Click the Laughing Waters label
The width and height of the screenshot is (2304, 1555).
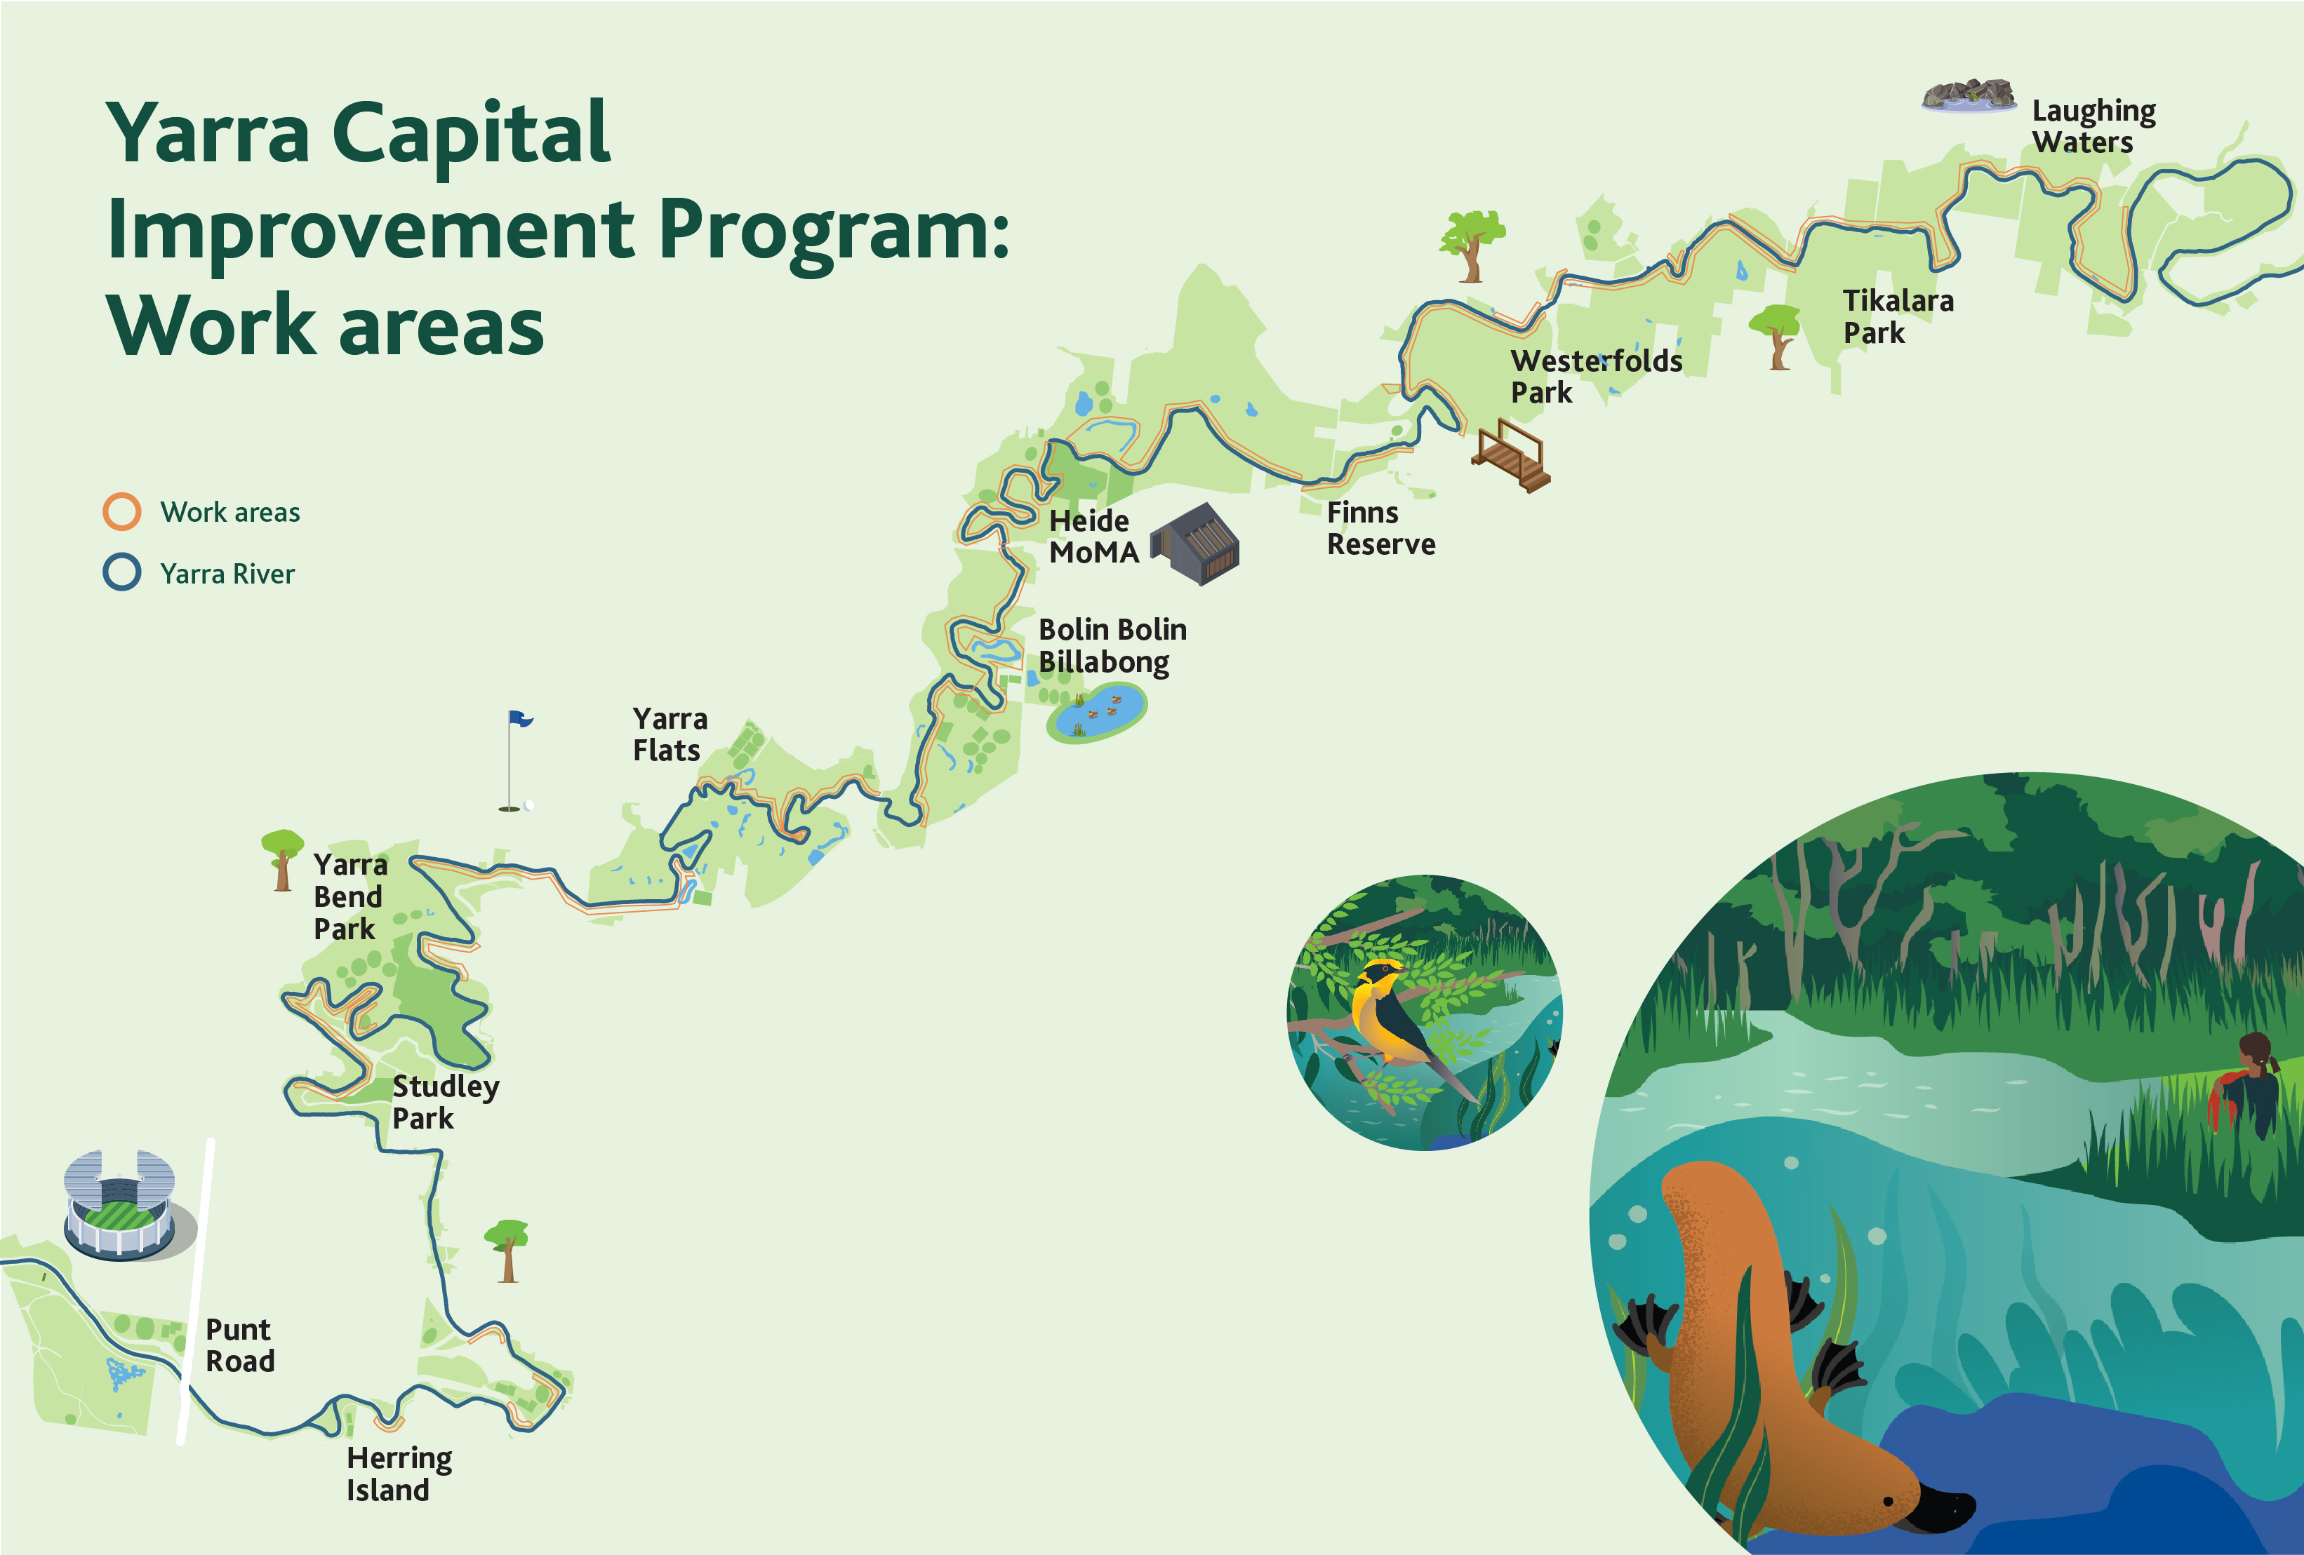[x=2092, y=126]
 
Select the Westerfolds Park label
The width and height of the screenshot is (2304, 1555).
[x=1594, y=376]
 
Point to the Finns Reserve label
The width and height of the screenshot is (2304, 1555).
[x=1379, y=528]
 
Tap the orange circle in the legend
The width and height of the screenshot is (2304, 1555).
[x=122, y=511]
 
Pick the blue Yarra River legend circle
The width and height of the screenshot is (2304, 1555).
[x=122, y=573]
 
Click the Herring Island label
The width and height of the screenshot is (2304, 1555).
[x=399, y=1474]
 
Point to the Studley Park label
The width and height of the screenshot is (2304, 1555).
[x=444, y=1101]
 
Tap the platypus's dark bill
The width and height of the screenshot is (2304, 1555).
[x=1943, y=1507]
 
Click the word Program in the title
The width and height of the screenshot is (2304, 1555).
[x=833, y=230]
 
